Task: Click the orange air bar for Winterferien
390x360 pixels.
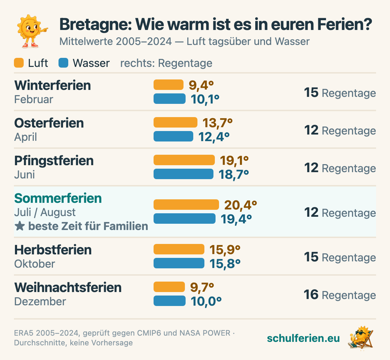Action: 169,85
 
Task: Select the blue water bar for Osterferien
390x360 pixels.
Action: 173,136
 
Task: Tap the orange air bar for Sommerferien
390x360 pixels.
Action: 186,205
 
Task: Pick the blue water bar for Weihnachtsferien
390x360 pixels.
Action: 169,300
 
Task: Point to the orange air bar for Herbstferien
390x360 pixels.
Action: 179,249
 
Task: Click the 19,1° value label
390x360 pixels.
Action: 234,160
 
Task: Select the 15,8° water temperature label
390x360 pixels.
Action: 225,264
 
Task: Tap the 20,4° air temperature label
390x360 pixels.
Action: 241,205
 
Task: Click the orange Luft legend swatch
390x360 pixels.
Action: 19,63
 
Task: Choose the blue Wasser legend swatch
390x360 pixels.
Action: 63,63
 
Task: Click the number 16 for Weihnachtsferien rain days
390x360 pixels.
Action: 311,294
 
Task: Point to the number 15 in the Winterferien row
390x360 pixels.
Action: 311,92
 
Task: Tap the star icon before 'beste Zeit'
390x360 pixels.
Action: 19,226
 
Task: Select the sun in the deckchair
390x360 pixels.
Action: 361,338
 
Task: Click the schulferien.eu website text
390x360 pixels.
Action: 303,338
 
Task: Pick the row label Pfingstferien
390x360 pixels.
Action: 54,161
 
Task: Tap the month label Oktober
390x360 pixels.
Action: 34,264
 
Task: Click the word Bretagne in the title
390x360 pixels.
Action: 95,25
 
